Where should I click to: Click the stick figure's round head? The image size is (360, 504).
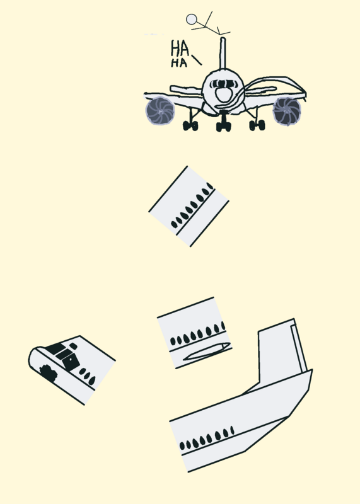pos(192,20)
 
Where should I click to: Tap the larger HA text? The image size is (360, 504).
pos(180,49)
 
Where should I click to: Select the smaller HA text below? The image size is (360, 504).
pos(179,62)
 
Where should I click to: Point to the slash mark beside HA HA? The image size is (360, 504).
pos(197,60)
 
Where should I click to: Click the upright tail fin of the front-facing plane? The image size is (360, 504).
pos(223,53)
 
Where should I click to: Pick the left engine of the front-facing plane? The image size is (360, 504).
pos(160,112)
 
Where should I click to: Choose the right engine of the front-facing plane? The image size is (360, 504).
pos(287,112)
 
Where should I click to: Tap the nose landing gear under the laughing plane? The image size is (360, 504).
pos(224,122)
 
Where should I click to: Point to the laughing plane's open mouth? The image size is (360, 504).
pos(223,94)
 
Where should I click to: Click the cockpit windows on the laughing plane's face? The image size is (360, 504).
pos(224,84)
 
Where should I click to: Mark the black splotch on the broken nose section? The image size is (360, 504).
pos(49,373)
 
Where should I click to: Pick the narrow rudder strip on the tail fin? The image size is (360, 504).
pos(298,349)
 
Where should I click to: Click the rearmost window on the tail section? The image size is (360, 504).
pos(232,430)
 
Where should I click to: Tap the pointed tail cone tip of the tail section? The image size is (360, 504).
pos(311,370)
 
